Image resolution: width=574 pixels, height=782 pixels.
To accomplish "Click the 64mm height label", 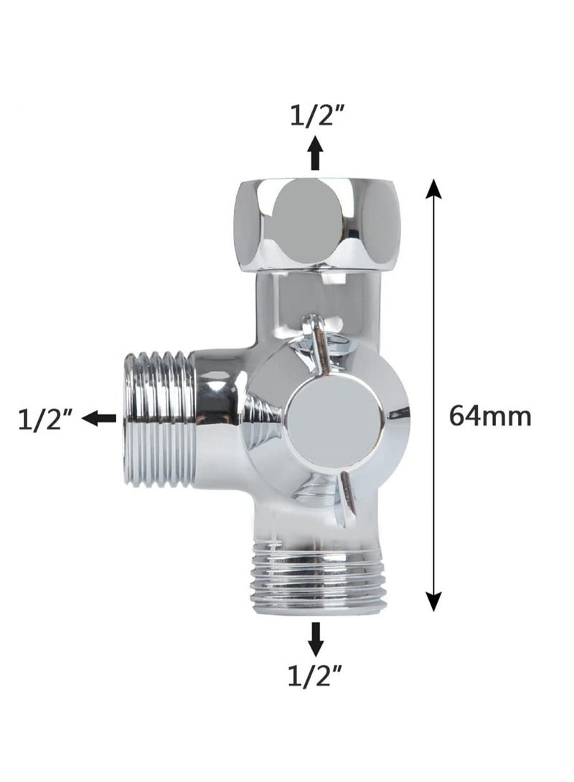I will tap(490, 416).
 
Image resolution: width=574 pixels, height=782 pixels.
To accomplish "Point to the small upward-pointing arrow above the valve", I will tap(315, 153).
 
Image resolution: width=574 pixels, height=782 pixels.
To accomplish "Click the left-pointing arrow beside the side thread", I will tap(99, 419).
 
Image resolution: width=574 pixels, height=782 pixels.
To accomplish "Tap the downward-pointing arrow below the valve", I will tap(315, 639).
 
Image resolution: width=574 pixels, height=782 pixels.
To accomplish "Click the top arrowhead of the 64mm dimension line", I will tap(433, 190).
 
